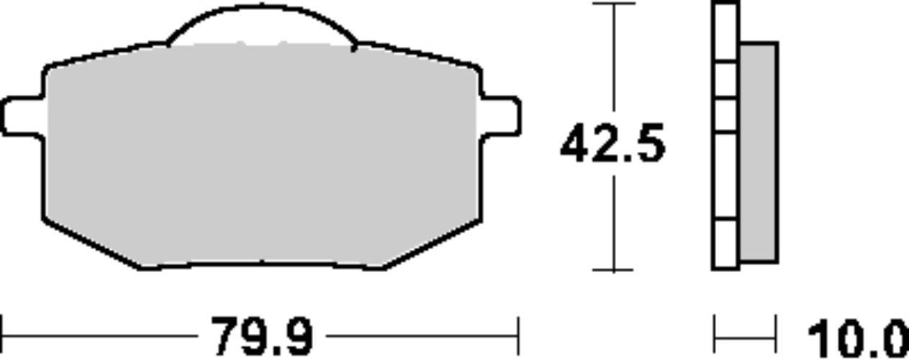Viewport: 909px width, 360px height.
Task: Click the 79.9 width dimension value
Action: pos(262,336)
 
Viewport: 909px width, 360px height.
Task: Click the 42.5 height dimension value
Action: pos(612,143)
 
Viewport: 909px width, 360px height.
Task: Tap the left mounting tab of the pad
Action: pos(22,116)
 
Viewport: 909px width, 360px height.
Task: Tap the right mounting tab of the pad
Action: pos(501,116)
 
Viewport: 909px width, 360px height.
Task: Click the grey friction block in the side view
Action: pos(759,152)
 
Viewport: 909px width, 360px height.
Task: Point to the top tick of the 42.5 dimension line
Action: pos(614,4)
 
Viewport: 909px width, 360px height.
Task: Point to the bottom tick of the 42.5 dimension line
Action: pos(613,269)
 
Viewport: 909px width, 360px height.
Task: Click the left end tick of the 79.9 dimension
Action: pos(1,336)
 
